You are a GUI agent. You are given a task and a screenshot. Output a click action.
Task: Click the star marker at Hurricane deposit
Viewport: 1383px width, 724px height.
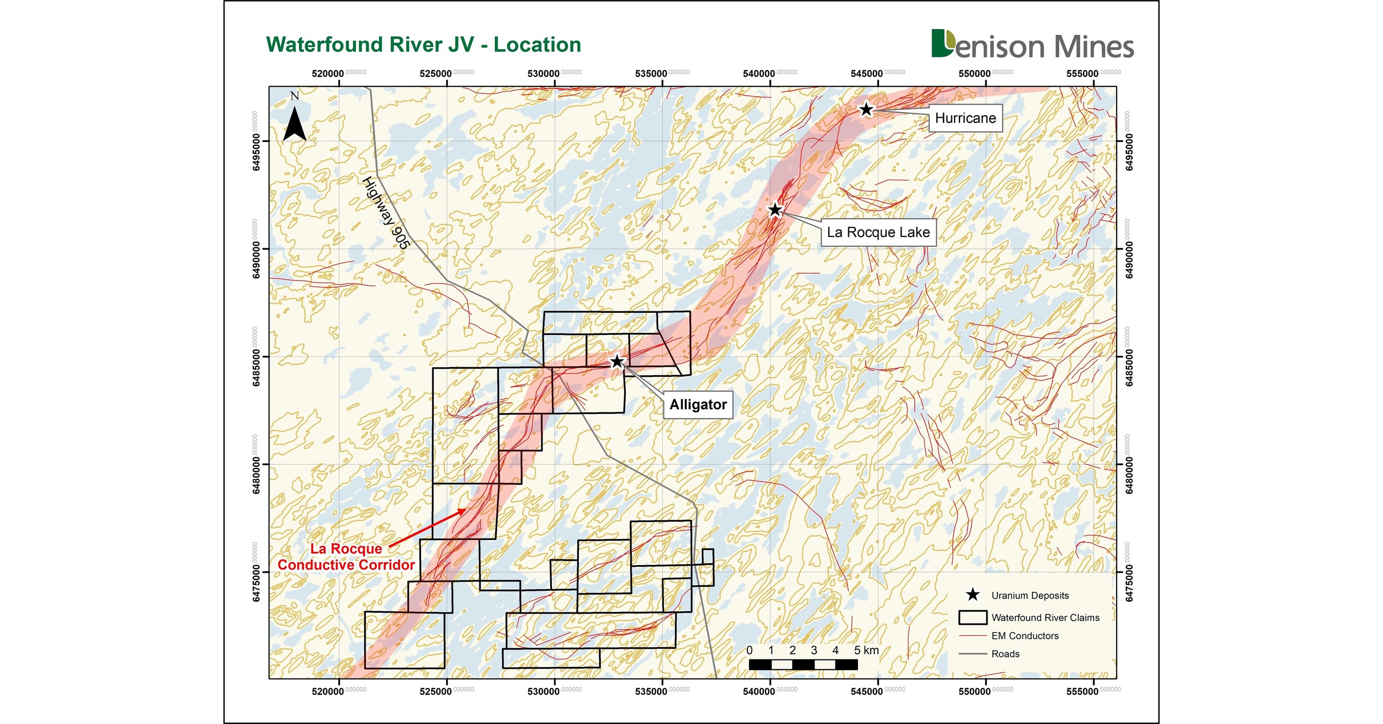click(x=866, y=110)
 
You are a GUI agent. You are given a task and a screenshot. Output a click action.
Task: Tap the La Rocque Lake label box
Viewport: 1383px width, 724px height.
click(x=878, y=232)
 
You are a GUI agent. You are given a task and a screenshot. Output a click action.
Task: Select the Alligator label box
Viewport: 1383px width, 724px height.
click(x=698, y=404)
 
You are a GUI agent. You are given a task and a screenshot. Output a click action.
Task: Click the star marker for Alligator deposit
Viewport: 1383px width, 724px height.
click(x=617, y=361)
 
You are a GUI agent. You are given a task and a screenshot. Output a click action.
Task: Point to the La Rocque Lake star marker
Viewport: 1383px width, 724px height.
click(x=774, y=210)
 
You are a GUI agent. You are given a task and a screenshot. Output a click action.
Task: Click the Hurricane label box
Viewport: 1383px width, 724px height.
click(x=966, y=118)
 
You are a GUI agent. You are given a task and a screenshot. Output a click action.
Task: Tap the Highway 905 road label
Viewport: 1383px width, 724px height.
click(x=386, y=212)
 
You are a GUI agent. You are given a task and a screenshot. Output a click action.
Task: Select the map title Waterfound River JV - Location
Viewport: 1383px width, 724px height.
click(x=424, y=45)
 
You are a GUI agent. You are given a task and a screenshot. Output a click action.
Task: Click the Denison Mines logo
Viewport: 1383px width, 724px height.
click(x=1032, y=45)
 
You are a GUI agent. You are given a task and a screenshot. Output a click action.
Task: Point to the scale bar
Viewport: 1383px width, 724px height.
click(x=803, y=665)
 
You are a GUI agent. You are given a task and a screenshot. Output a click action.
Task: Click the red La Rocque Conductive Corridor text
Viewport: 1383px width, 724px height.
click(x=346, y=557)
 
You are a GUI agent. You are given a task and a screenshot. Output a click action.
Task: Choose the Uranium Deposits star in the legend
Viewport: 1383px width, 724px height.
click(x=972, y=594)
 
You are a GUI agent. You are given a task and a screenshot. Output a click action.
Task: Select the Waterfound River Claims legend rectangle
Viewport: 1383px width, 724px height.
click(x=972, y=617)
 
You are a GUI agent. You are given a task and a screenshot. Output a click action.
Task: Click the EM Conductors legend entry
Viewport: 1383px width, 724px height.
click(x=1024, y=636)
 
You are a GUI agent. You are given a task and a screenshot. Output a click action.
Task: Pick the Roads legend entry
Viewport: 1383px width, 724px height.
click(x=1005, y=654)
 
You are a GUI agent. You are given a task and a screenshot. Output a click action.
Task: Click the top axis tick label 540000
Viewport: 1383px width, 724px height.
click(x=759, y=74)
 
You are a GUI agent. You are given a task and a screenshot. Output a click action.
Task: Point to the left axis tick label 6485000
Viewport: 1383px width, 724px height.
click(x=257, y=368)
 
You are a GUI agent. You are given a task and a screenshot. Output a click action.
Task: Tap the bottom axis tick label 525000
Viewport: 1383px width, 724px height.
click(x=435, y=691)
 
